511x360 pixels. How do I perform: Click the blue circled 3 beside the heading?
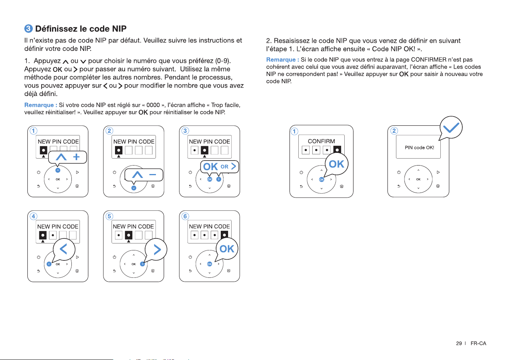click(x=29, y=29)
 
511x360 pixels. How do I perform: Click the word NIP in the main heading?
click(x=119, y=29)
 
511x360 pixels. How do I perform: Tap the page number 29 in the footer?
click(x=459, y=343)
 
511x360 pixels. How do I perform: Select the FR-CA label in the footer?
click(x=478, y=343)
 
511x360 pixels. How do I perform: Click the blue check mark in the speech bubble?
click(x=451, y=127)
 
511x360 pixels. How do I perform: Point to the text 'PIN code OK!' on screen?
click(x=419, y=148)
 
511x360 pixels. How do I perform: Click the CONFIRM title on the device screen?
click(x=321, y=141)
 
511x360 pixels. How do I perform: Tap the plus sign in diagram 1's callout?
click(x=76, y=157)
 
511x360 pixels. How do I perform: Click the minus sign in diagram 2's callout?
click(x=152, y=175)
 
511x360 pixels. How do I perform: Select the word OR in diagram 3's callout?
click(x=225, y=167)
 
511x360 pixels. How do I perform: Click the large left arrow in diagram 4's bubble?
click(x=63, y=249)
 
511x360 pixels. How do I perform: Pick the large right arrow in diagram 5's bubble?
click(x=157, y=250)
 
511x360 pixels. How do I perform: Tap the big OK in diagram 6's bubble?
click(x=227, y=249)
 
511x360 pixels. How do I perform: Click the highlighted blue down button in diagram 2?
click(x=134, y=188)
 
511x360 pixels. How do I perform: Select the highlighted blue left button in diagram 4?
click(x=49, y=264)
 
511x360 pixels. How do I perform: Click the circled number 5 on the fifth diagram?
click(x=109, y=216)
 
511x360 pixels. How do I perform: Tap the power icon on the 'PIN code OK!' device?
click(x=399, y=172)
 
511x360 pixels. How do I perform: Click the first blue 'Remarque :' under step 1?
click(x=41, y=105)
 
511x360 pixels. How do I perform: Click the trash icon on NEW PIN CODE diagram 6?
click(x=228, y=270)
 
